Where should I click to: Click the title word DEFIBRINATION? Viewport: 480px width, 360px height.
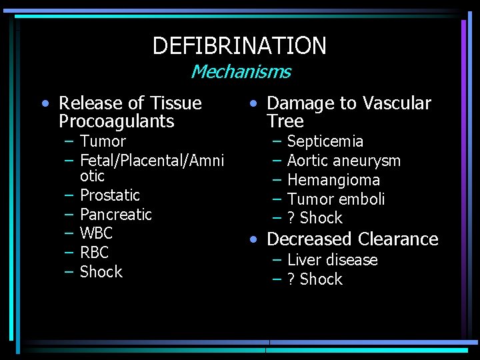(x=239, y=46)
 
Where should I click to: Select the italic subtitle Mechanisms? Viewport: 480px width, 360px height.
(x=241, y=71)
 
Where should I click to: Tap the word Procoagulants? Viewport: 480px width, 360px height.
(x=116, y=121)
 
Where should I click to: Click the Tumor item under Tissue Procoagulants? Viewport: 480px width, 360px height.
(x=103, y=141)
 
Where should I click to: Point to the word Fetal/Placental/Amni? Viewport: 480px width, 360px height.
(x=151, y=161)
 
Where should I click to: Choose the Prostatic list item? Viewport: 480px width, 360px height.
(x=110, y=195)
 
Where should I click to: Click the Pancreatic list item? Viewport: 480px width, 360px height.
(x=116, y=215)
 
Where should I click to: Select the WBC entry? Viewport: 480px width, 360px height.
(x=97, y=233)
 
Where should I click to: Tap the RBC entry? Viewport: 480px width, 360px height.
(x=94, y=253)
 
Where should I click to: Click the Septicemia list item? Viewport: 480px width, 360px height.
(x=325, y=141)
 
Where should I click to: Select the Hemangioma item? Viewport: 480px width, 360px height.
(x=333, y=180)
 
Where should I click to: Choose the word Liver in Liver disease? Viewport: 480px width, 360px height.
(x=301, y=260)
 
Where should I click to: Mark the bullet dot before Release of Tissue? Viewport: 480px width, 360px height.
(x=45, y=104)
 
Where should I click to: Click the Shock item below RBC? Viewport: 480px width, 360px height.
(x=101, y=272)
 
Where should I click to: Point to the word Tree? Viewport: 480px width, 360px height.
(x=285, y=121)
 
